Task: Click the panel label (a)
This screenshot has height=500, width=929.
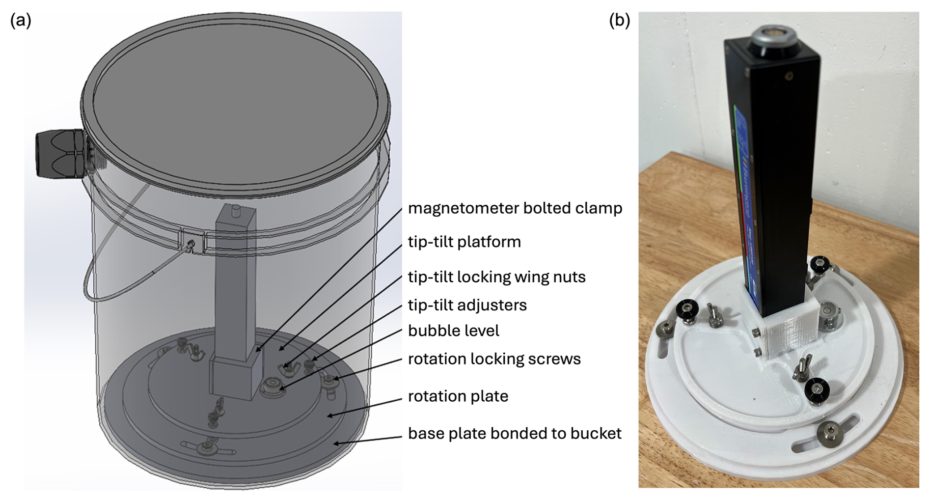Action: point(21,21)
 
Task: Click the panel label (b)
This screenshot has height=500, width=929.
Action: point(619,21)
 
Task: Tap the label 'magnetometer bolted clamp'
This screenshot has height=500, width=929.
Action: point(515,208)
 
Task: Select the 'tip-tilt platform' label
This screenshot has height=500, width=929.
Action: point(464,242)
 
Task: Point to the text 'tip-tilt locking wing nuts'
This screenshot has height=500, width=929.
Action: point(496,277)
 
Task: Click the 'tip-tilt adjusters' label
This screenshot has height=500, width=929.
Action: point(467,305)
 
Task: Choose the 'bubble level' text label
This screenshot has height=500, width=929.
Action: point(453,331)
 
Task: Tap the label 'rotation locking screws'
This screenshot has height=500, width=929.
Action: point(494,359)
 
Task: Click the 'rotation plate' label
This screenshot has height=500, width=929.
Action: point(458,396)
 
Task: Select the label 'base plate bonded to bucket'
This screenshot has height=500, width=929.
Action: point(515,433)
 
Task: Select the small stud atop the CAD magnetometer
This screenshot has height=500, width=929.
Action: point(235,210)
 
